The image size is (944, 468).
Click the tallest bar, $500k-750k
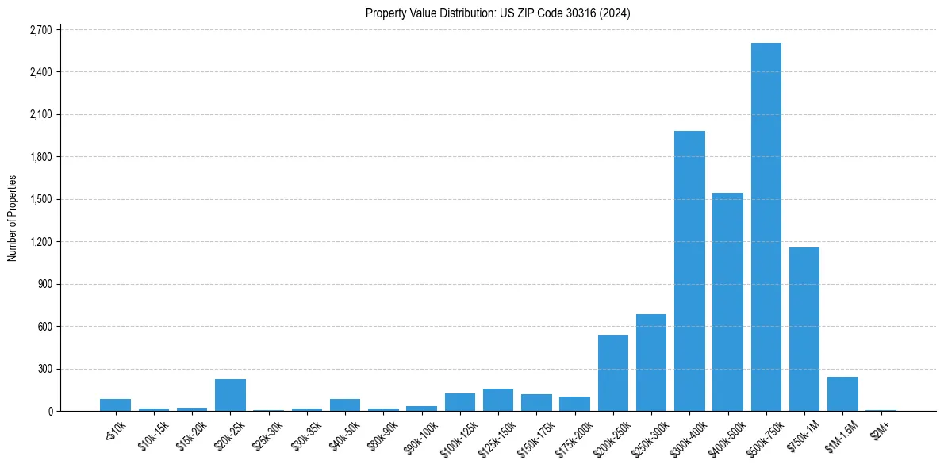coord(766,227)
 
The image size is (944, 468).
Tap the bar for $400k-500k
coord(727,302)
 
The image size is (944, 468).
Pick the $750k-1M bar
coord(804,329)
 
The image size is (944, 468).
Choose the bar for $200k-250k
coord(612,373)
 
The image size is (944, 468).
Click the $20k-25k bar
coord(230,395)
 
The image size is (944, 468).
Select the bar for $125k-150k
coord(498,400)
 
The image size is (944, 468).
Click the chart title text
coord(498,13)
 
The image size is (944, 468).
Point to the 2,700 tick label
coord(40,30)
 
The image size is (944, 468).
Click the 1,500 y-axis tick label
coord(40,199)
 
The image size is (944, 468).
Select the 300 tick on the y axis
coord(44,369)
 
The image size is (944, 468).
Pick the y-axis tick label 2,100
coord(40,114)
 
